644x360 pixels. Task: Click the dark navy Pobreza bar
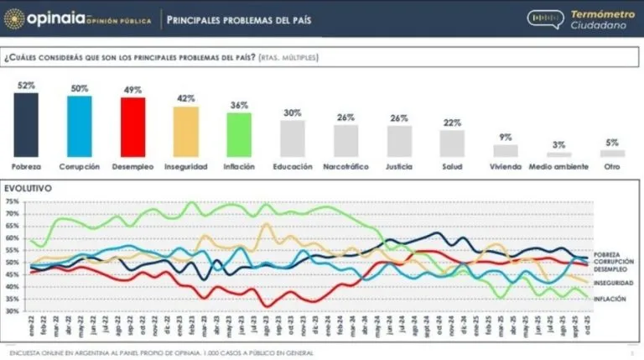click(26, 124)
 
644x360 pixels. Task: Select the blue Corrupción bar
click(80, 126)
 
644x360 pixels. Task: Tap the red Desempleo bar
click(132, 127)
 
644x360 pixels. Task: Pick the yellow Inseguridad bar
click(186, 132)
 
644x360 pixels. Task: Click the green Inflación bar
click(239, 134)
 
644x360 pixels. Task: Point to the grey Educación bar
click(293, 138)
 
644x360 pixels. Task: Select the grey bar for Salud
click(452, 143)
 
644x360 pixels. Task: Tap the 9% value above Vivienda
click(505, 138)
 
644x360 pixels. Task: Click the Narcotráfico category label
click(345, 166)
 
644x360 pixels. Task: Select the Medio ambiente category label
click(558, 166)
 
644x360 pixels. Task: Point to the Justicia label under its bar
click(398, 166)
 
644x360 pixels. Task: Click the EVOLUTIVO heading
click(29, 189)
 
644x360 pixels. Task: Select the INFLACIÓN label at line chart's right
click(610, 299)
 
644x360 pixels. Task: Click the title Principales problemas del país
click(238, 19)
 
